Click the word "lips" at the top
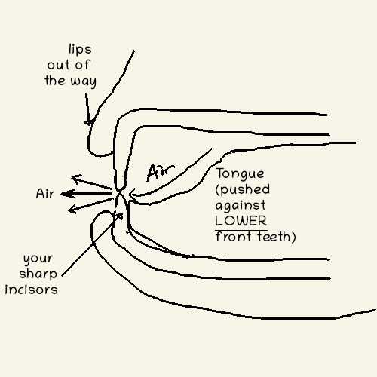(80, 49)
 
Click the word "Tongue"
(240, 174)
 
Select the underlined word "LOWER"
(241, 221)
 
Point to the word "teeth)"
(277, 237)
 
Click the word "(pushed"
(243, 190)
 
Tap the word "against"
(241, 206)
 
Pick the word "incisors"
(31, 290)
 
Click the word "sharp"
(38, 274)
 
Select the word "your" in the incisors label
(38, 259)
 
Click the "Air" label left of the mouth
(45, 194)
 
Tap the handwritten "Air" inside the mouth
(161, 173)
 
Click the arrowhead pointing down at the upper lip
(88, 122)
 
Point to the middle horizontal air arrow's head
(66, 194)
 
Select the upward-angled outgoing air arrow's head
(76, 179)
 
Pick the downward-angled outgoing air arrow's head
(73, 209)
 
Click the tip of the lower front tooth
(120, 193)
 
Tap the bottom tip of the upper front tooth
(120, 190)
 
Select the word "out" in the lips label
(58, 66)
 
